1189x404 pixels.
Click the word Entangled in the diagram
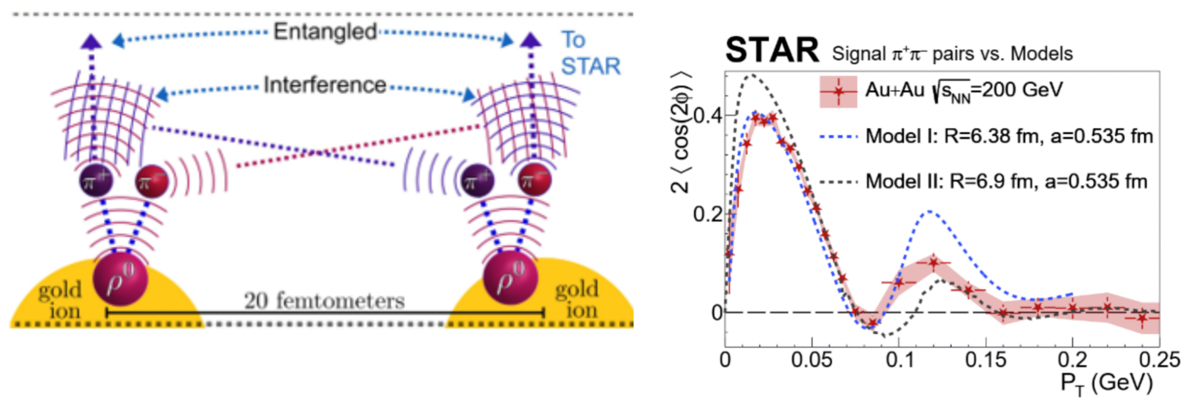pos(325,32)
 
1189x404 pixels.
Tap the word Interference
pos(325,85)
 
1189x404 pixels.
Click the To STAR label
pos(590,53)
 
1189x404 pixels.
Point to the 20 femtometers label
pos(324,301)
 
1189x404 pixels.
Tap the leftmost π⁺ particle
pos(96,181)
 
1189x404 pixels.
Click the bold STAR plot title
pos(772,50)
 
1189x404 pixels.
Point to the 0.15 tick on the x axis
pos(985,360)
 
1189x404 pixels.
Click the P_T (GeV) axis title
pos(1106,384)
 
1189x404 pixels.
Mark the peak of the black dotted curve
pos(751,75)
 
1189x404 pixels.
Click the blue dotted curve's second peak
pos(929,211)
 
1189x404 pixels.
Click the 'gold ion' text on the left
pos(60,300)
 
